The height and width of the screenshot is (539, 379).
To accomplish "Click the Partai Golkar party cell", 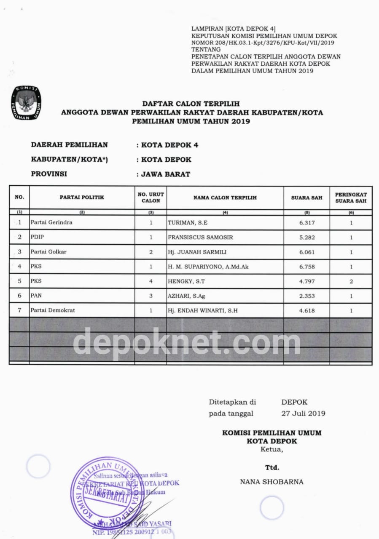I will (48, 252).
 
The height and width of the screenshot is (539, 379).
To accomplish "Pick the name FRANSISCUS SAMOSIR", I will (200, 237).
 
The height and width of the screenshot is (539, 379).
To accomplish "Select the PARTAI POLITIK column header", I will (82, 197).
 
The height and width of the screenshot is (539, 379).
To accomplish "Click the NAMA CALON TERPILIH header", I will (225, 197).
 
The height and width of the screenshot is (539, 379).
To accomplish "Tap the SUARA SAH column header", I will (306, 197).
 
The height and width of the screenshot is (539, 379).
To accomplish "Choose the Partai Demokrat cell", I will (53, 310).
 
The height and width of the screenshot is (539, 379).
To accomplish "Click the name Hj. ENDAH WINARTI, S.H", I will (203, 311).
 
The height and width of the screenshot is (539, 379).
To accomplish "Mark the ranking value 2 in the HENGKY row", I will (351, 281).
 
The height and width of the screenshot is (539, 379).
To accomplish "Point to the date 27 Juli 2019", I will (303, 414).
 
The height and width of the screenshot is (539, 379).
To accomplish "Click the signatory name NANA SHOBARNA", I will (271, 482).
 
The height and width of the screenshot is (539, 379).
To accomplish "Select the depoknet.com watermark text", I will (187, 342).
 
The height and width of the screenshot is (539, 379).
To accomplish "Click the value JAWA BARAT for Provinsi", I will (165, 174).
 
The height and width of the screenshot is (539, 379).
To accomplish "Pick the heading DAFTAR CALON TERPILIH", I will (191, 104).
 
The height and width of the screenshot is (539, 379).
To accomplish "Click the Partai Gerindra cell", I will (51, 222).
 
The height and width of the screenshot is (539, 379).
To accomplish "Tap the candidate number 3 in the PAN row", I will (151, 296).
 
